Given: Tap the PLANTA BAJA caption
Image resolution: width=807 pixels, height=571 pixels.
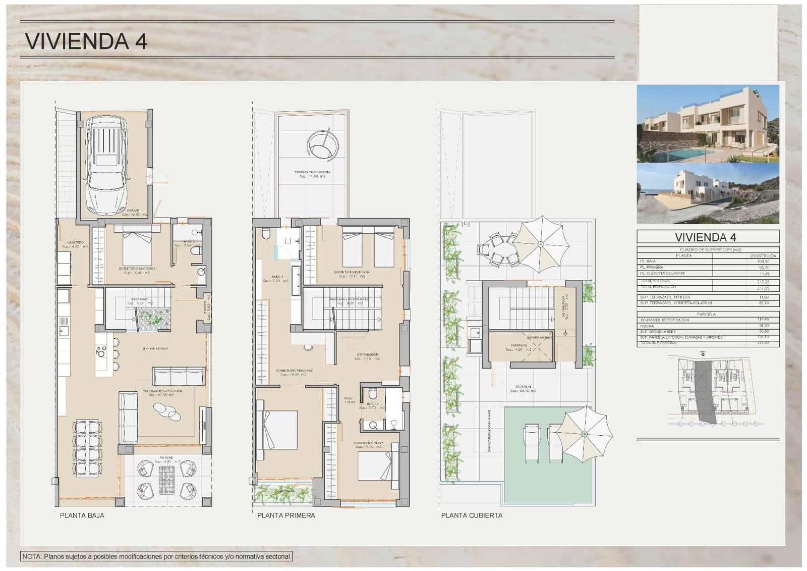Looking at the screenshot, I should coord(82,515).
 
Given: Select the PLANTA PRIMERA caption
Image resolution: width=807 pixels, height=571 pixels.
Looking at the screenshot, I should coord(286,515).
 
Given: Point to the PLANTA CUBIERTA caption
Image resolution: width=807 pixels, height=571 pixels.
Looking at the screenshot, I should coord(472,515).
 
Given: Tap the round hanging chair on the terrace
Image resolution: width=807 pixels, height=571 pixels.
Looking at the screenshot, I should coord(320,146).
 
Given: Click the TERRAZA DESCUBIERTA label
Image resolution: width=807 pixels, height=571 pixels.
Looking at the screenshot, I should coord(312,172).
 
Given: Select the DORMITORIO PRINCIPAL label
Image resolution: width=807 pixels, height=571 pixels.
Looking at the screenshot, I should coord(294,371).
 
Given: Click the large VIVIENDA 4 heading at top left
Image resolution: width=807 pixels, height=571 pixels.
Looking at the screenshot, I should coord(86,41).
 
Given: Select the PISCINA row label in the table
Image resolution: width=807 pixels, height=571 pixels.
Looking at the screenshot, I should coord(647,326).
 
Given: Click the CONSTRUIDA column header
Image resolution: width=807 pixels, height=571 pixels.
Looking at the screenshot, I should coord(763,255).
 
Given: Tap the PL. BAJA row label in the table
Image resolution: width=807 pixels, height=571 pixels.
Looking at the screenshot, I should coord(648,262).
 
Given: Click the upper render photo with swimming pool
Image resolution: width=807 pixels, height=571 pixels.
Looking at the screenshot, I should coord(707,123).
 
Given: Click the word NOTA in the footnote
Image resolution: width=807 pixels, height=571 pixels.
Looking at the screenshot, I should coord(32,556).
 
